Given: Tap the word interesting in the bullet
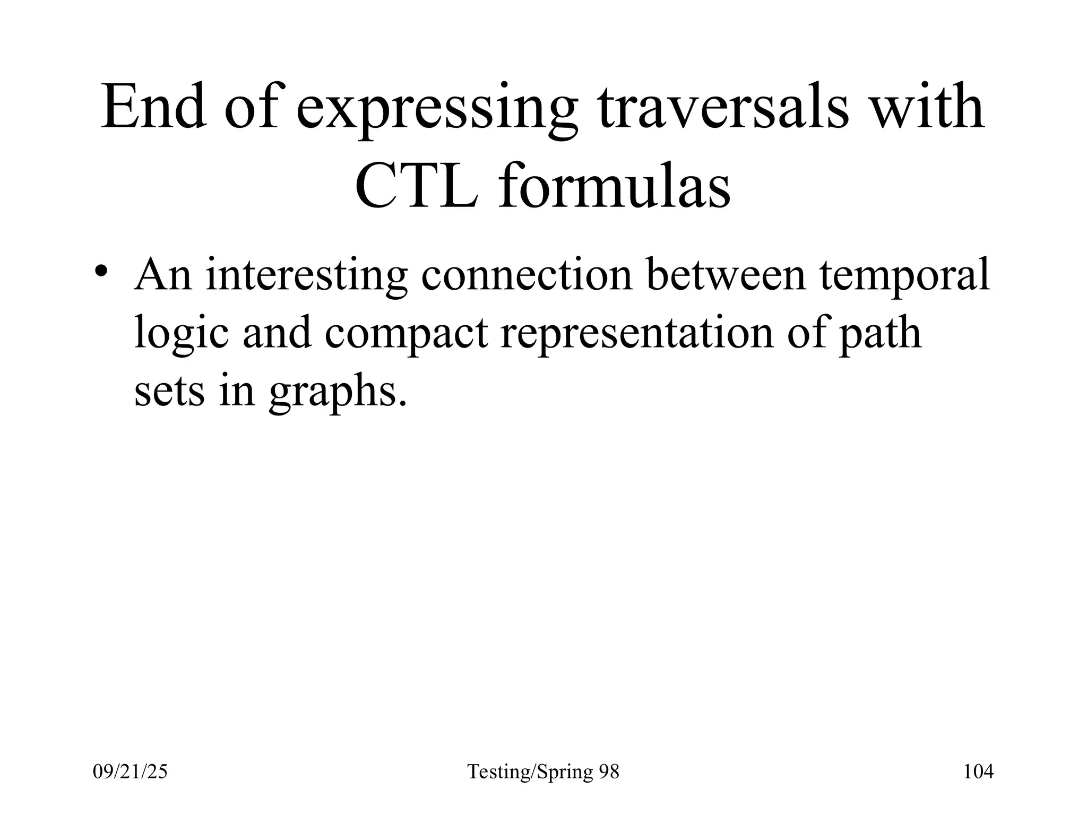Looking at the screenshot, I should coord(306,276).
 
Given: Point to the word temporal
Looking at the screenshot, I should coord(904,276).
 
